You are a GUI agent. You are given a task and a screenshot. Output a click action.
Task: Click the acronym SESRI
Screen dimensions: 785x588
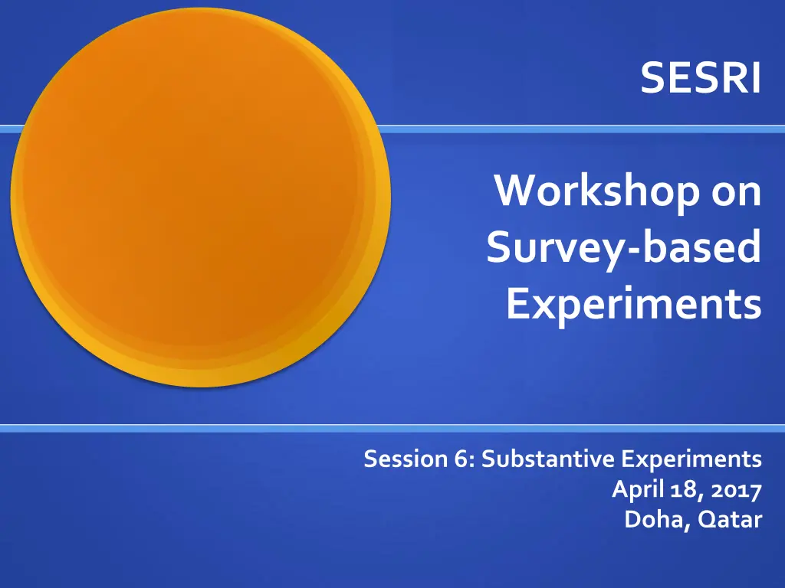coord(701,78)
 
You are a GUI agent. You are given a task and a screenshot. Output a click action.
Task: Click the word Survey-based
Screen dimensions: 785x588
coord(624,247)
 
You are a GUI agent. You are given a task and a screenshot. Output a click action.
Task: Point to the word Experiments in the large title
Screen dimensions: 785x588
coord(634,303)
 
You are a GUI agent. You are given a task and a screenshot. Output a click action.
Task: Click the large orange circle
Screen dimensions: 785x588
coord(200,197)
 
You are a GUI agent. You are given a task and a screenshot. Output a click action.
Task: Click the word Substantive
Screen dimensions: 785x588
coord(547,459)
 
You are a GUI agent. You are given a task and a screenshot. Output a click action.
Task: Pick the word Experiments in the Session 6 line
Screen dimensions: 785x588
coord(691,460)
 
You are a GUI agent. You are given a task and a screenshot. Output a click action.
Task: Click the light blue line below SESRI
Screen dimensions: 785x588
coord(581,129)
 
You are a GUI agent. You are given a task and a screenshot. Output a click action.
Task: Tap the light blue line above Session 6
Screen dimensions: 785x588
coord(392,429)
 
